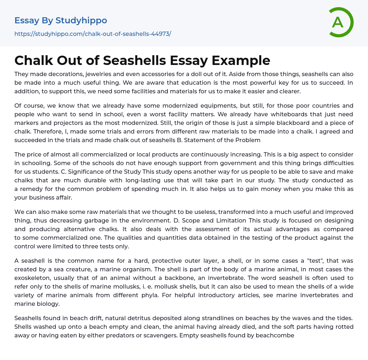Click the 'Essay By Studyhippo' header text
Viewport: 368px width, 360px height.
pos(61,21)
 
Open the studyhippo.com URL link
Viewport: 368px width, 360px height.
pos(93,34)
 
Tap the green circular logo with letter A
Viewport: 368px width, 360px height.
pos(340,22)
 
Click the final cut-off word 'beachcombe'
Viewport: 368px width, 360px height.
pos(276,335)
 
